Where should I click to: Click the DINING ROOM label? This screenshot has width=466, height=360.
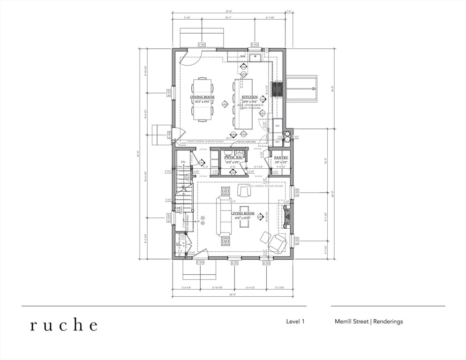(202, 97)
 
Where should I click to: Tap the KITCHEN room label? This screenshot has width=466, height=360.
(249, 97)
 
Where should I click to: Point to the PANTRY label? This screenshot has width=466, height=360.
(281, 158)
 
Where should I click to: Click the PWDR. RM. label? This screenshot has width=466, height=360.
(233, 158)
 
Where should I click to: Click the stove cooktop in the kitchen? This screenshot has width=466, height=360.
(277, 89)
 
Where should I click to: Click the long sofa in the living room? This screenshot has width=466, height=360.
(224, 216)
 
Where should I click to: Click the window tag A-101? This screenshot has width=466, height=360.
(235, 263)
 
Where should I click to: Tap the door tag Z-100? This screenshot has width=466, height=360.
(200, 262)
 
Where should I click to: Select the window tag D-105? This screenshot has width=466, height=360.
(255, 45)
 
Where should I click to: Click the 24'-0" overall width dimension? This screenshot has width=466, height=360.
(233, 295)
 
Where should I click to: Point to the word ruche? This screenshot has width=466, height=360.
(64, 325)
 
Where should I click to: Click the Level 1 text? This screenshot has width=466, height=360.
(295, 322)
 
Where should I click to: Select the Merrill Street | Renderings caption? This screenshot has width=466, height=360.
(368, 322)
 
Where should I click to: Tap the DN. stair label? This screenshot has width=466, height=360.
(183, 162)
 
